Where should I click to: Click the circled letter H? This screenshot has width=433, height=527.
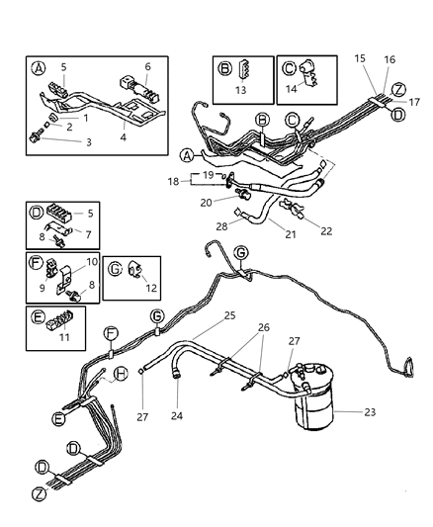point(122,372)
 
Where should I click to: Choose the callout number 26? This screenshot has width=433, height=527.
point(263,327)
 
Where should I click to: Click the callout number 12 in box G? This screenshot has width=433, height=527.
point(150,288)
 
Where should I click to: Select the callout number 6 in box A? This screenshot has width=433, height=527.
point(149,67)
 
